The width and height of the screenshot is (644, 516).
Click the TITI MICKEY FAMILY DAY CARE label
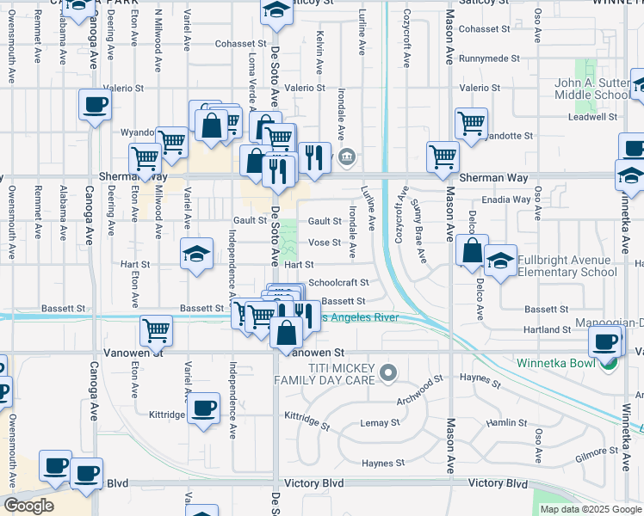tap(325, 373)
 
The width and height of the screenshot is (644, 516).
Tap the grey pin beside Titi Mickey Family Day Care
tap(388, 373)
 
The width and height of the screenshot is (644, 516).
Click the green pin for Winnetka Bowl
tap(609, 363)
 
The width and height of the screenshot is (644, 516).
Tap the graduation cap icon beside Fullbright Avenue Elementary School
tap(500, 260)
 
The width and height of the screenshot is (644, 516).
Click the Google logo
tap(28, 506)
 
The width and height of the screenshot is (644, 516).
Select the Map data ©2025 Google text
tap(590, 509)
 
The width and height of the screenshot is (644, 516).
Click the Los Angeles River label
tap(362, 317)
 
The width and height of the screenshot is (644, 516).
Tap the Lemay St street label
tap(380, 422)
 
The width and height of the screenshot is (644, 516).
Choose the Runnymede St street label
tap(489, 58)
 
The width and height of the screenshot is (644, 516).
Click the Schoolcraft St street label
tap(338, 282)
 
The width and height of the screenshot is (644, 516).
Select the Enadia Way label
tap(507, 200)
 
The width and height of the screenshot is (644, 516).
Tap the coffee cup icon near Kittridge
tap(204, 408)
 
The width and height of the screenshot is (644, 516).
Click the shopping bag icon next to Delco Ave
tap(472, 250)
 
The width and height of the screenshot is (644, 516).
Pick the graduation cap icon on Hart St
tap(197, 254)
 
